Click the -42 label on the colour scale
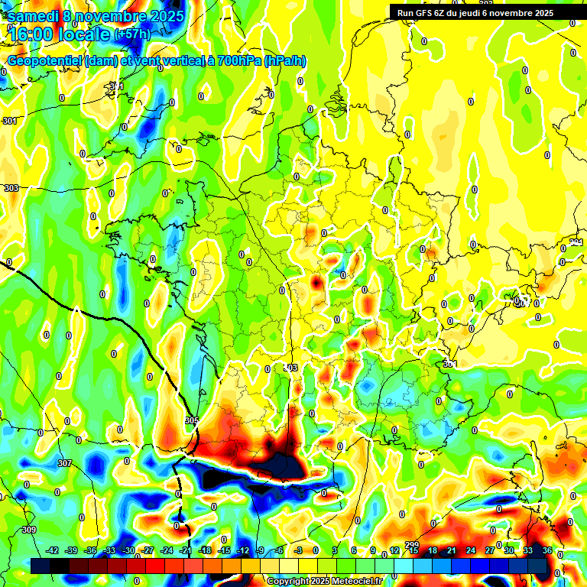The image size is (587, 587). click(52, 550)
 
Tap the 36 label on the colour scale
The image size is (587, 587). click(547, 550)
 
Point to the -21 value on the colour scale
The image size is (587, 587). click(186, 550)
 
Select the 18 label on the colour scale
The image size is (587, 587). click(432, 550)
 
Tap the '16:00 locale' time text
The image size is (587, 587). click(58, 34)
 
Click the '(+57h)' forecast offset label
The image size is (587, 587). click(132, 34)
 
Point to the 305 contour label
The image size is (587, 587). click(191, 421)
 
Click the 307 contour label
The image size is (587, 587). click(64, 463)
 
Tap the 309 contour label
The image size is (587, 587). click(29, 530)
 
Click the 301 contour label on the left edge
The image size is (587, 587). click(9, 121)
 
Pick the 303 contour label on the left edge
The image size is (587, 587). click(11, 188)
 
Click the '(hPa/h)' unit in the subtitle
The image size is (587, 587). click(284, 60)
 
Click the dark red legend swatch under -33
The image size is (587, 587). click(110, 566)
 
